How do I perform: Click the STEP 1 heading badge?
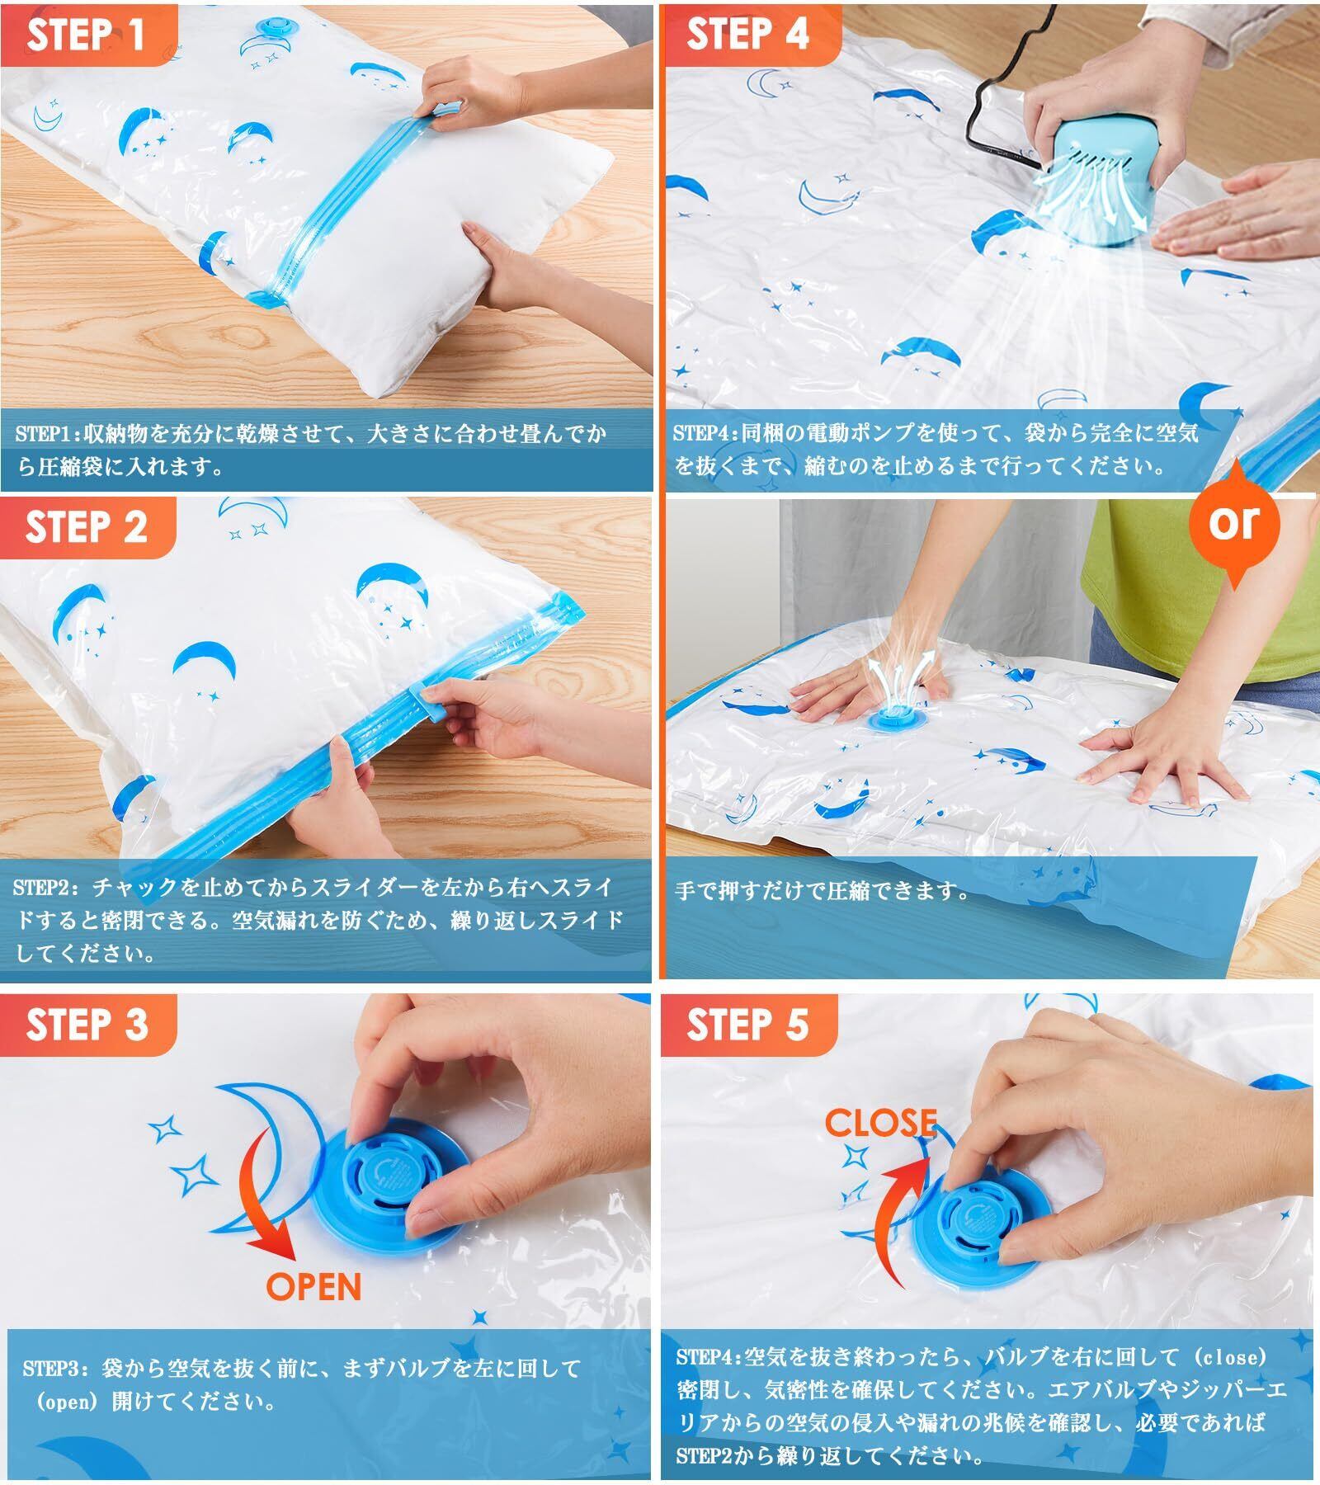click(x=87, y=35)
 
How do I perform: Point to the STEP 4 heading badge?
click(x=747, y=35)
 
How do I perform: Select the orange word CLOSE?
click(x=880, y=1124)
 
